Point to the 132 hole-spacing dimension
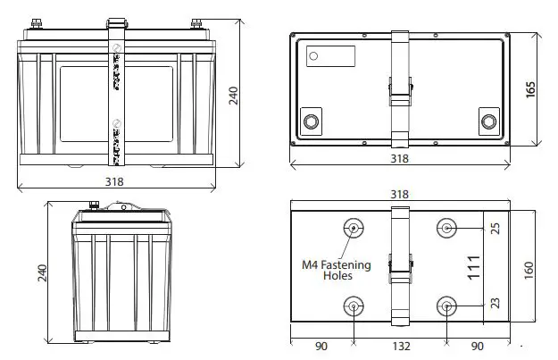pos(399,347)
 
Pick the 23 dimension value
pos(496,305)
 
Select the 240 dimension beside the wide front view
pos(235,96)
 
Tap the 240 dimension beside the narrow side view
pos(41,273)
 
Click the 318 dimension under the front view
pos(113,181)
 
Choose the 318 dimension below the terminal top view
pos(399,159)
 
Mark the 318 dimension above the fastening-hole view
pos(399,195)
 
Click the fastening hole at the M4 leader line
pos(354,229)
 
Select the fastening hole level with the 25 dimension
pos(446,229)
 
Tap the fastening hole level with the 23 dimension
pos(446,308)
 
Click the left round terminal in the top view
pos(312,121)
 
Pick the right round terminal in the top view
pos(487,121)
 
